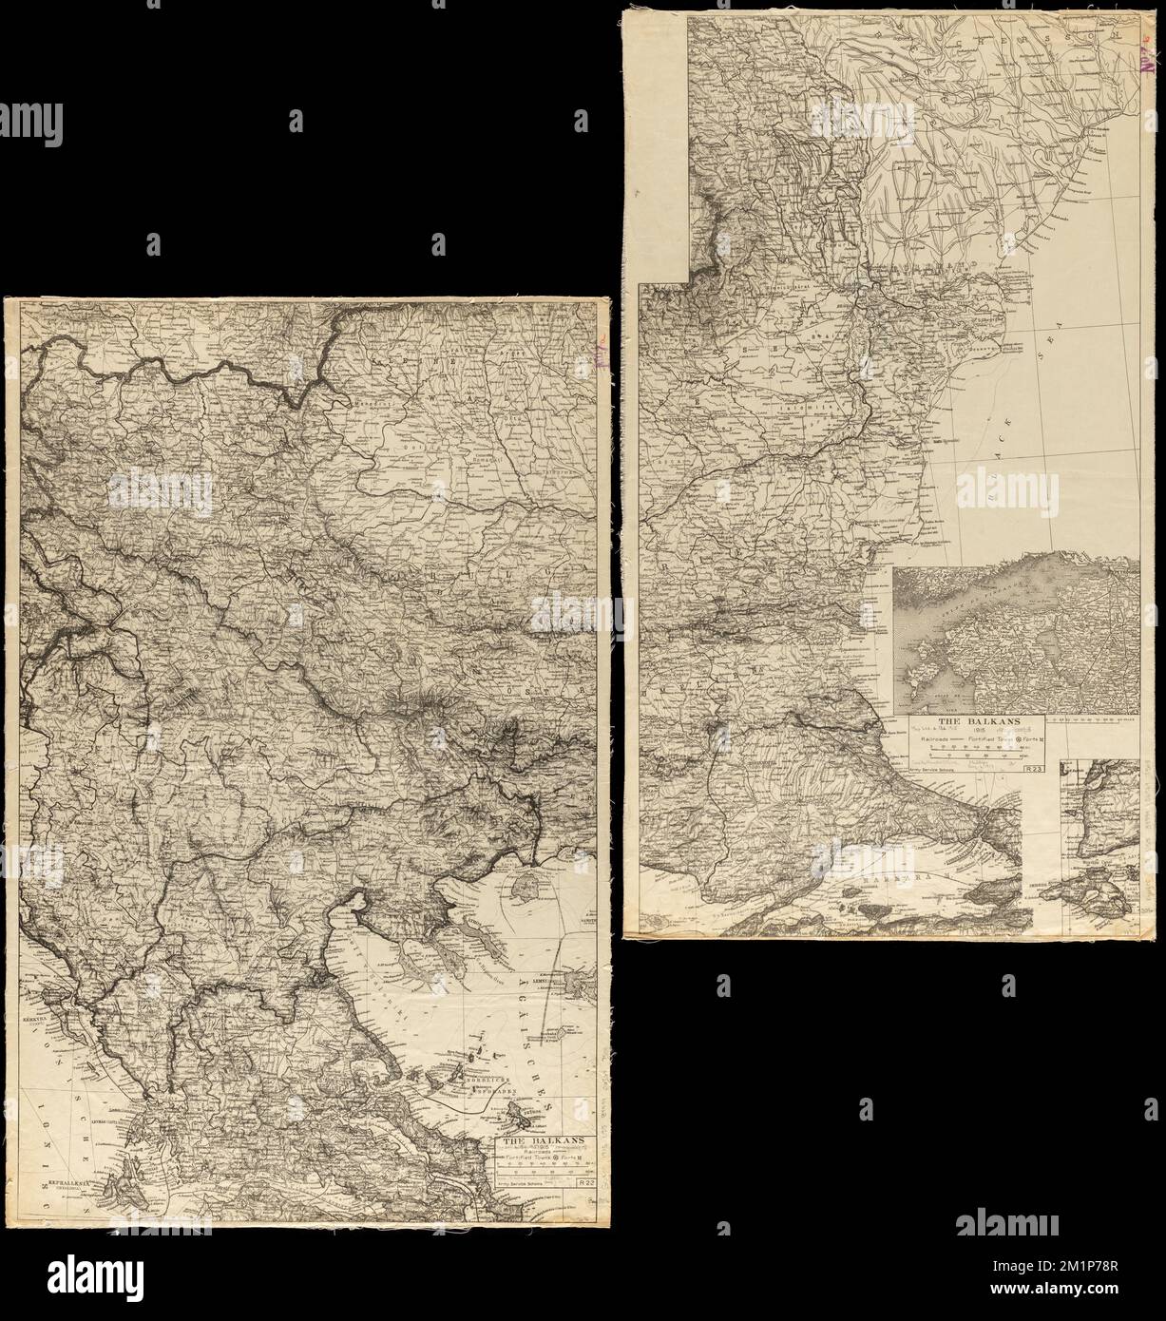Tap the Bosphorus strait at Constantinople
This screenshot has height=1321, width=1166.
point(998,817)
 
